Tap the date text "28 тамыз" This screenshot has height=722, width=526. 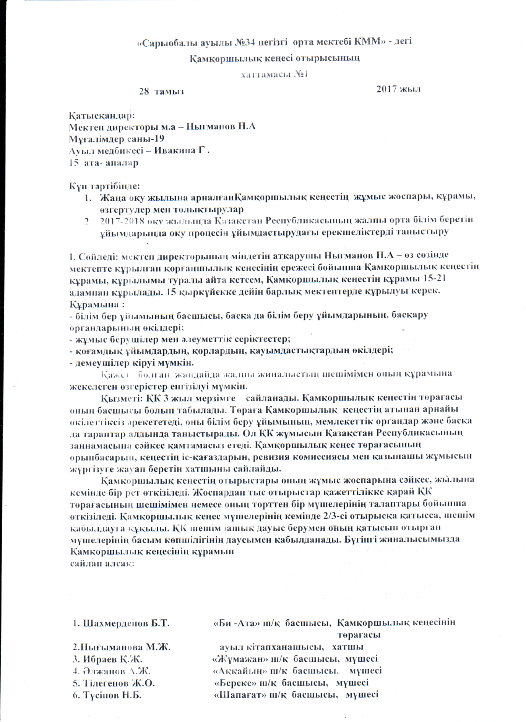pyautogui.click(x=161, y=92)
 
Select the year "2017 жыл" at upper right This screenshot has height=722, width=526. pyautogui.click(x=398, y=89)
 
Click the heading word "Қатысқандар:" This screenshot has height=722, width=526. pyautogui.click(x=102, y=115)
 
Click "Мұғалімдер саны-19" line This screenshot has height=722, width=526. pyautogui.click(x=117, y=139)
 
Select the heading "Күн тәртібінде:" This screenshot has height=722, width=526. pyautogui.click(x=105, y=186)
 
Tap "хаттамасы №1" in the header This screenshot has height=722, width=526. pyautogui.click(x=274, y=75)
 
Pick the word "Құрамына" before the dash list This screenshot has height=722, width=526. pyautogui.click(x=94, y=304)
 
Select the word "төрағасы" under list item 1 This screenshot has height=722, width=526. pyautogui.click(x=359, y=635)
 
